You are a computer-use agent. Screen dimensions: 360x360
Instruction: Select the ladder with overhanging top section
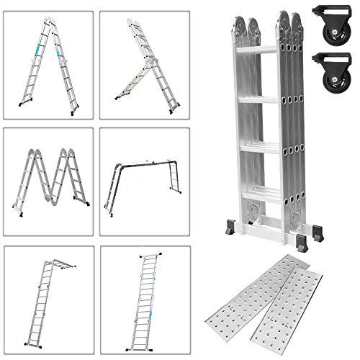point(49,299)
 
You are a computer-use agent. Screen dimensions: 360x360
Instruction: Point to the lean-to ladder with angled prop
point(144,65)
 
